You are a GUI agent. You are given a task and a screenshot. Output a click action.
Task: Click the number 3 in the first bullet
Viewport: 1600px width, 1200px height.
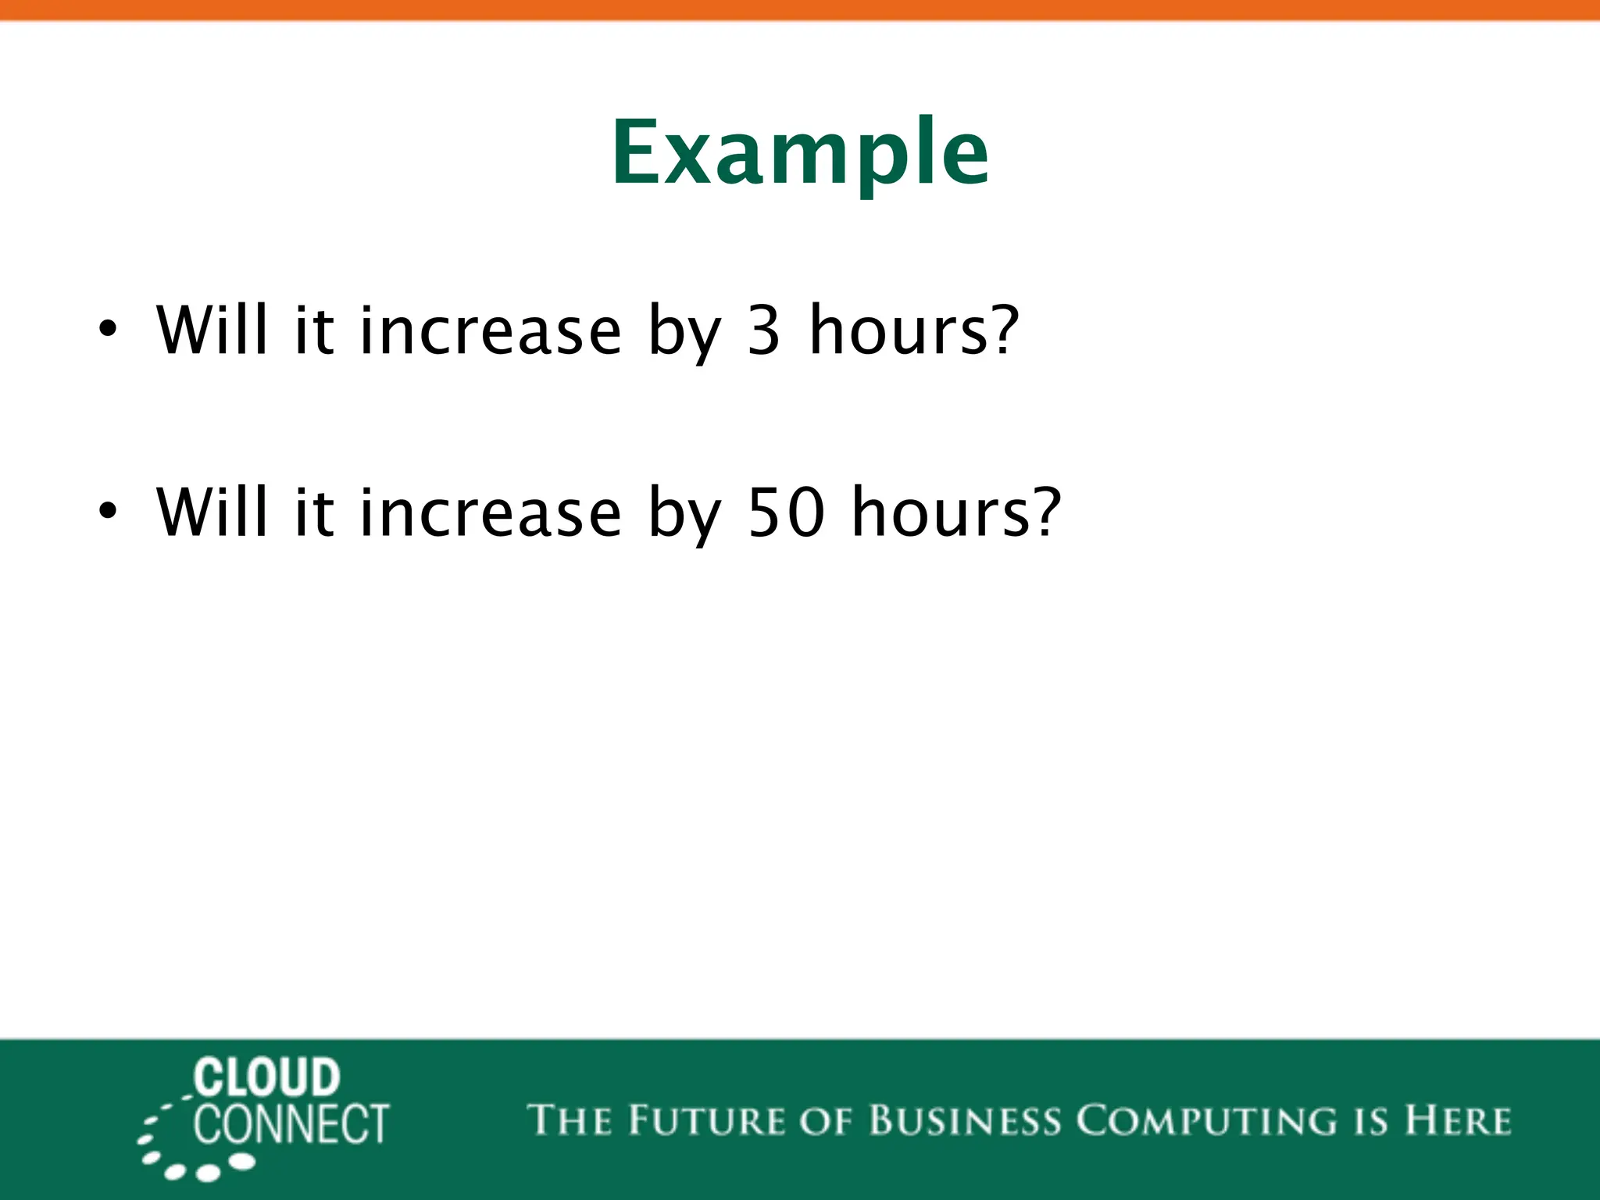[763, 330]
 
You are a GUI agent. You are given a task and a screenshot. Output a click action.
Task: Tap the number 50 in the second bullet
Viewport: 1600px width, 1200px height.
[785, 513]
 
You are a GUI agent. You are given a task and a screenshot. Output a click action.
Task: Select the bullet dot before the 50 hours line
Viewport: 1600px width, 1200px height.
[107, 511]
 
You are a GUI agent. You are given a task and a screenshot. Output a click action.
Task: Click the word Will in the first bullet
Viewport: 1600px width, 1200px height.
[212, 329]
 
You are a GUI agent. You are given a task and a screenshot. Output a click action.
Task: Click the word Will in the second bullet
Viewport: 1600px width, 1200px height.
[212, 512]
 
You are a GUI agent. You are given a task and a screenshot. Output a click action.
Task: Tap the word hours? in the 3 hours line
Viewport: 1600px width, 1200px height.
[914, 330]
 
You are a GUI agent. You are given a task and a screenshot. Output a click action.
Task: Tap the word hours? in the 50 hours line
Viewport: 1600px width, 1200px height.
[956, 512]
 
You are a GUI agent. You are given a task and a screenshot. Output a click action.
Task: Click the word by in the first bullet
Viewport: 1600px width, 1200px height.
[684, 334]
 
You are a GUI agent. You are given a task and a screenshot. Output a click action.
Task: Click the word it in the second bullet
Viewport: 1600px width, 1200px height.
[314, 512]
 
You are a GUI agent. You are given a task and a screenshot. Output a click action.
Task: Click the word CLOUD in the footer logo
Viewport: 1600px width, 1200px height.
[266, 1077]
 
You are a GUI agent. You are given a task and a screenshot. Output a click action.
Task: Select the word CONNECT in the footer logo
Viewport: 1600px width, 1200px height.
[291, 1125]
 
